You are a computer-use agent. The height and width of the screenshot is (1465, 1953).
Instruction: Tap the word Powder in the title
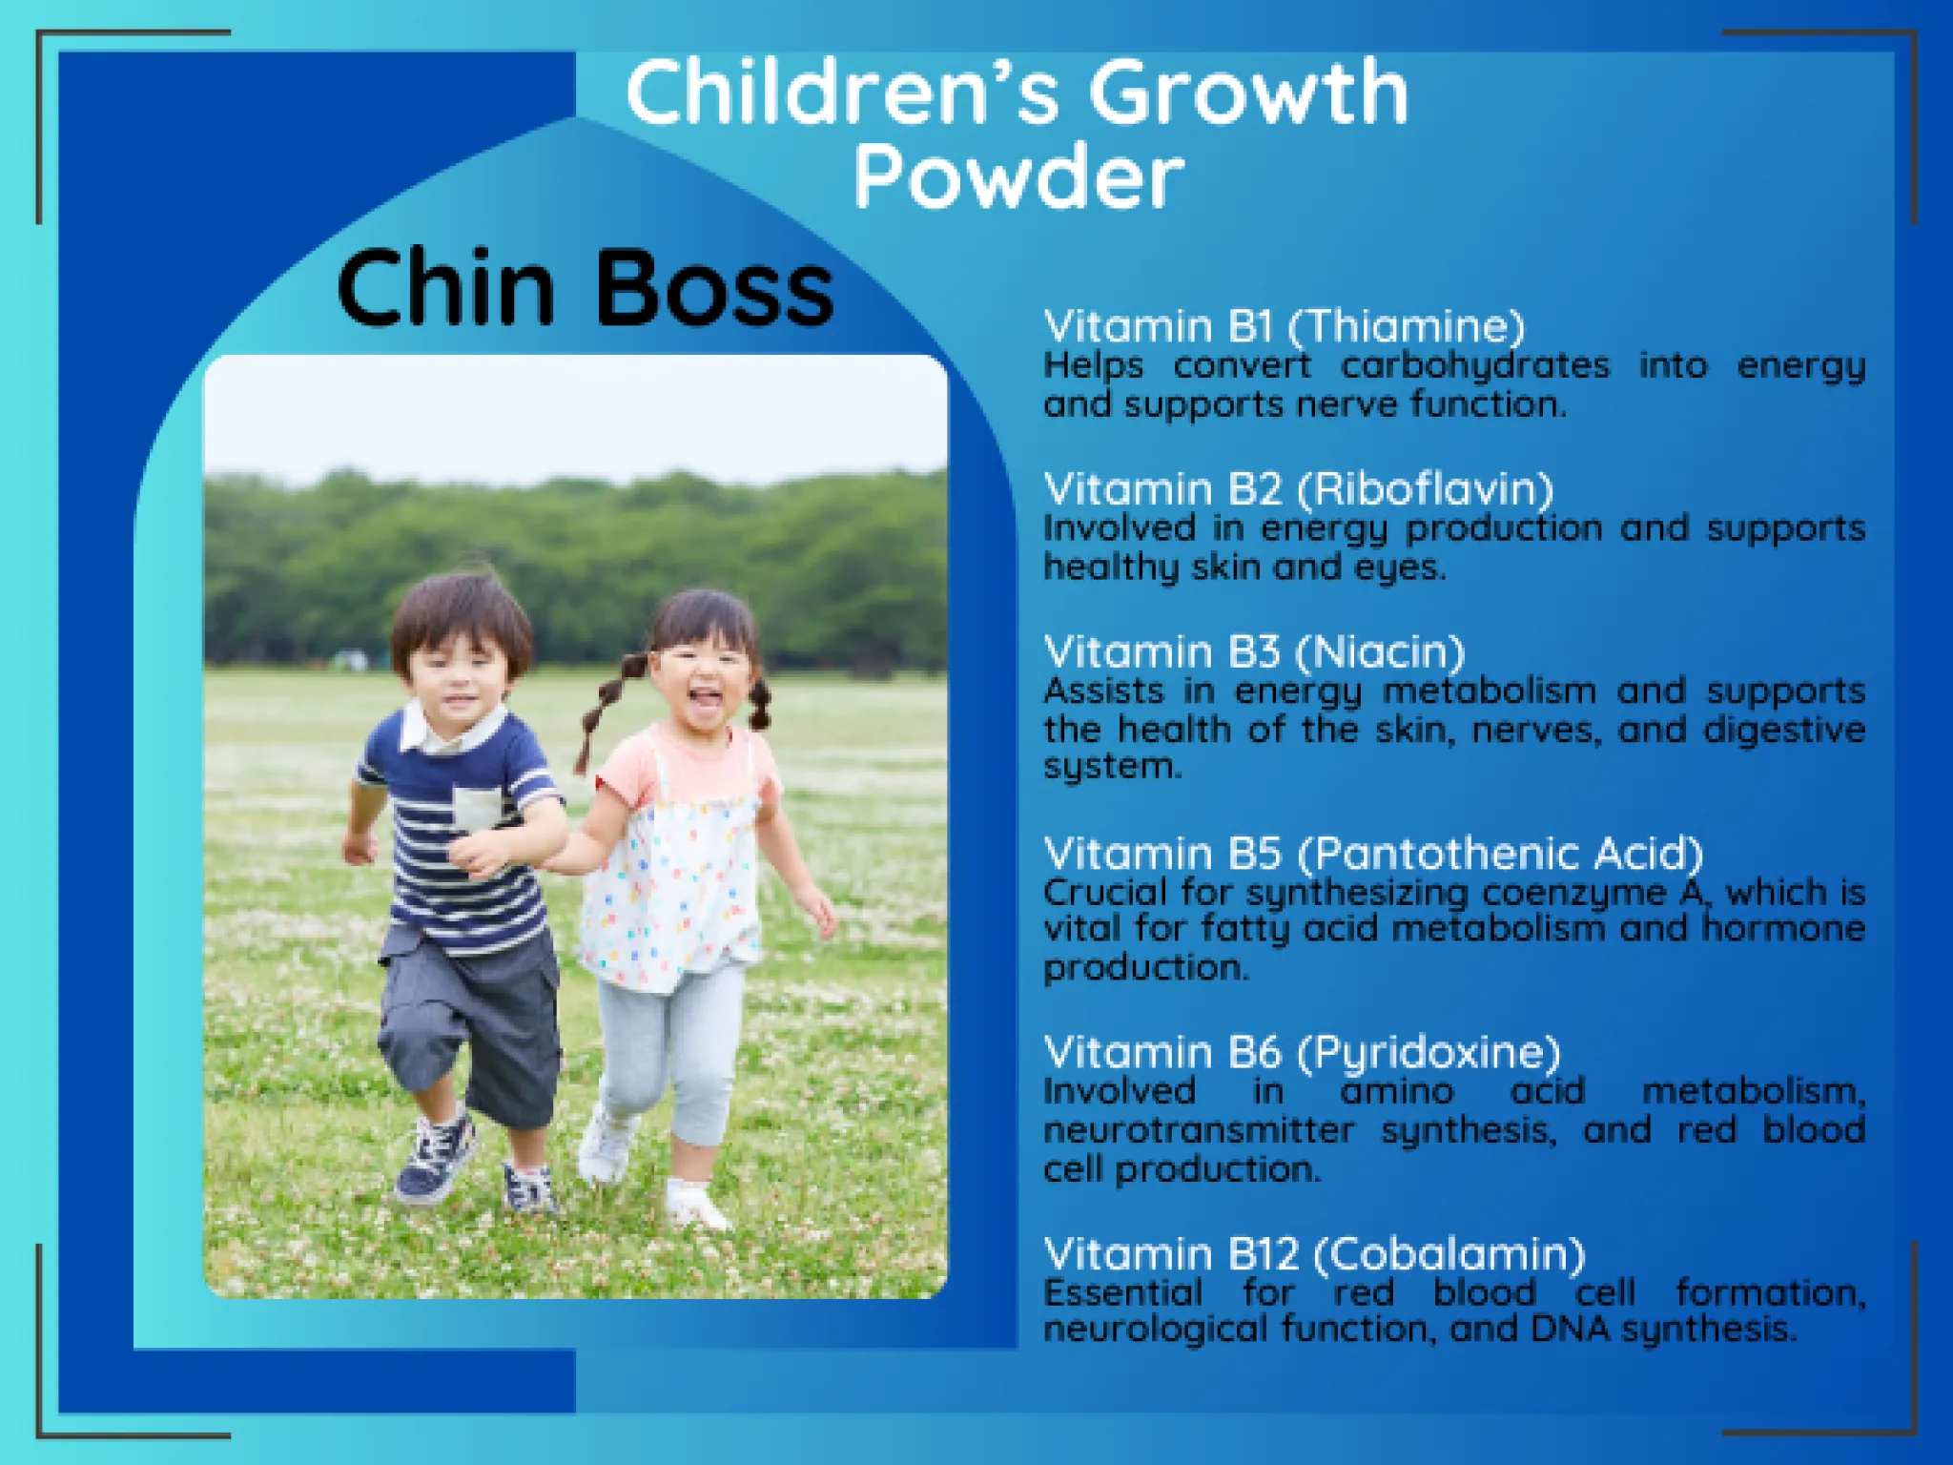click(x=1018, y=177)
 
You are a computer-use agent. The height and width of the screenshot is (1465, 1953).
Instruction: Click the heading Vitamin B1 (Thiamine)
click(x=1285, y=326)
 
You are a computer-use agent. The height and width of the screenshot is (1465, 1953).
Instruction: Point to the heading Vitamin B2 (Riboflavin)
click(x=1299, y=489)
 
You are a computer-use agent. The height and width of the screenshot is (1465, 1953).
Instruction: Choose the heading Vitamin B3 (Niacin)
click(x=1254, y=652)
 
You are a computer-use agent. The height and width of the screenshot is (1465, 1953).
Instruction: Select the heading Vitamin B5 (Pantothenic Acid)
click(x=1373, y=854)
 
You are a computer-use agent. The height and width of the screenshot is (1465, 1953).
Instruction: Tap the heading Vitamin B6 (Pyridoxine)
click(x=1302, y=1053)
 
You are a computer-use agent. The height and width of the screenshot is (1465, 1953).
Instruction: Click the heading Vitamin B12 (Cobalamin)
click(x=1314, y=1254)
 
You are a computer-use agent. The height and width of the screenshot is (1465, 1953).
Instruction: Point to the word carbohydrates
click(x=1475, y=365)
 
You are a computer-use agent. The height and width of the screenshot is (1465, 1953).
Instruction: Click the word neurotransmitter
click(x=1199, y=1131)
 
